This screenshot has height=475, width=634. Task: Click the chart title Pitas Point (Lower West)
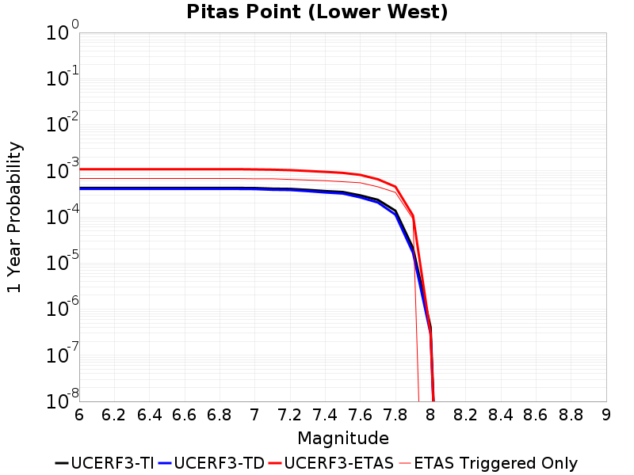click(317, 12)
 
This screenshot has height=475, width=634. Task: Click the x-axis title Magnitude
click(342, 438)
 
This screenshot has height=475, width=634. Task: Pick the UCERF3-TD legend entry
click(212, 463)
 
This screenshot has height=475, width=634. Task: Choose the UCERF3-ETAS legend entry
click(332, 463)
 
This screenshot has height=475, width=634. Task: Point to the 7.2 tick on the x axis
click(290, 415)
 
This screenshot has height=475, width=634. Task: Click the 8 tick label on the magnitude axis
click(430, 415)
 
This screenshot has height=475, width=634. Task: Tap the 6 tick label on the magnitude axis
click(79, 415)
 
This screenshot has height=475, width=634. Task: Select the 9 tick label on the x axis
click(606, 415)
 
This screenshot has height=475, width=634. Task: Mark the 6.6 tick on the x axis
click(185, 415)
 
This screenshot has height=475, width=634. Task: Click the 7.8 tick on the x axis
click(395, 415)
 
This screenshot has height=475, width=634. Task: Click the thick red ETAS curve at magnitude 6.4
click(150, 169)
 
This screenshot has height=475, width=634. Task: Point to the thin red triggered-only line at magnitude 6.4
click(150, 178)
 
